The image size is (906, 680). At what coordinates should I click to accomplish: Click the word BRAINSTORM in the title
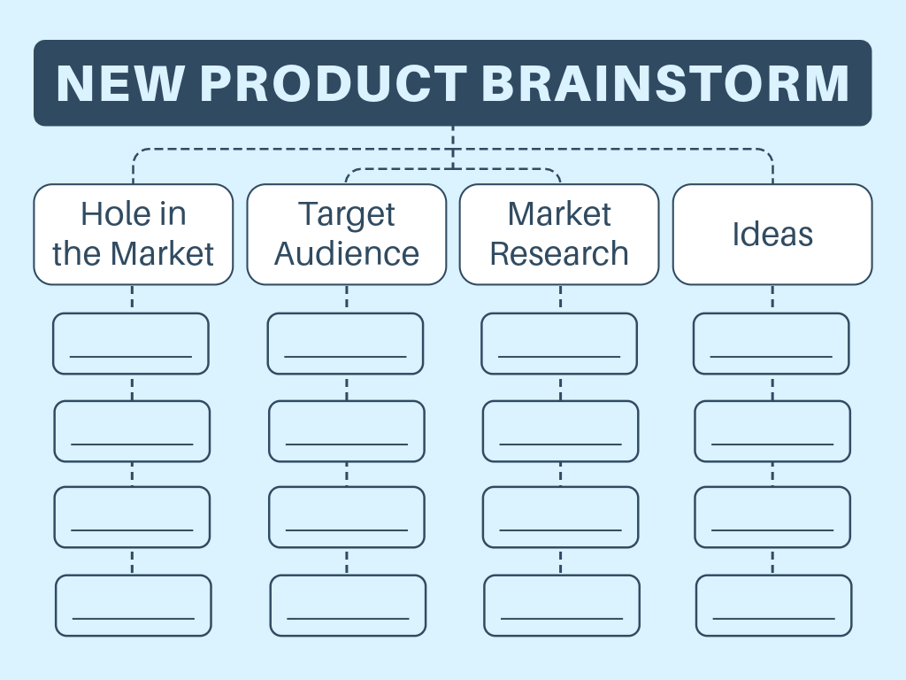tap(665, 83)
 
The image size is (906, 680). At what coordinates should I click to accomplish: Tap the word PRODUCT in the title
tap(334, 83)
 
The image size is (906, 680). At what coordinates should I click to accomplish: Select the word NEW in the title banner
tap(121, 83)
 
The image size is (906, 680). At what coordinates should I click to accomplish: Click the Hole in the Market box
tap(134, 234)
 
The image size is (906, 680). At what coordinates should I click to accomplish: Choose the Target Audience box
tap(347, 234)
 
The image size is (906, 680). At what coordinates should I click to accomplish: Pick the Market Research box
tap(559, 234)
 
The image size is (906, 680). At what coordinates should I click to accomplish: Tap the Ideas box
tap(772, 234)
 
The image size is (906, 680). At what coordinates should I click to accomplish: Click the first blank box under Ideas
tap(772, 344)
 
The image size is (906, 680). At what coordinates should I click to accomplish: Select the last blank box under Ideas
tap(774, 606)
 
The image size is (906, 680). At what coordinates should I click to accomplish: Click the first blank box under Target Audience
tap(345, 344)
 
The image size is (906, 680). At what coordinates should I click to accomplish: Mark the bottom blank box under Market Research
tap(562, 606)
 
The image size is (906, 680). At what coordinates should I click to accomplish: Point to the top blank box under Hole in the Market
tap(131, 344)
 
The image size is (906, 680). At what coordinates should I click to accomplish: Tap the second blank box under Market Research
tap(560, 431)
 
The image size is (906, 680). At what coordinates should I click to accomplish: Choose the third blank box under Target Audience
tap(347, 517)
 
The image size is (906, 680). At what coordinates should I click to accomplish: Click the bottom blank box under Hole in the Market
tap(134, 606)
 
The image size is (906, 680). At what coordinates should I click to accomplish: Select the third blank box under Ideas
tap(772, 517)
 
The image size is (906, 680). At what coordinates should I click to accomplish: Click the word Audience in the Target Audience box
tap(347, 254)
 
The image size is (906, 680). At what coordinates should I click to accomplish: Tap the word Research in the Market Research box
tap(559, 254)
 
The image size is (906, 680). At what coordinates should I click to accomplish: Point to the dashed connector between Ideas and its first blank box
tap(772, 298)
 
